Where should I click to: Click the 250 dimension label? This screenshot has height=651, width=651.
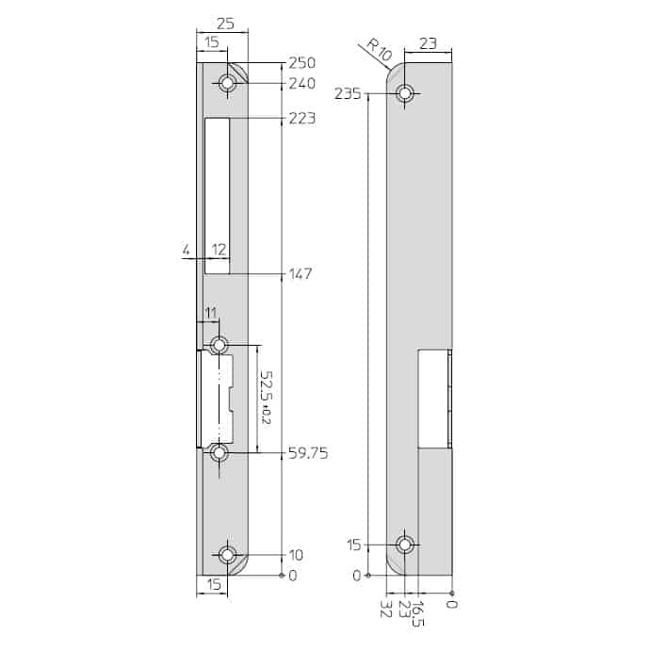point(301,63)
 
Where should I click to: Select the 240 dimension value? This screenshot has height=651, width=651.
point(301,84)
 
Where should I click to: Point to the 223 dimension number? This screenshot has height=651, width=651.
point(301,119)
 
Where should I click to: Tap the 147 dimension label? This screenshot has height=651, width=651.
point(301,274)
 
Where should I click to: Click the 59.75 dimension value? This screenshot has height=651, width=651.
point(308,453)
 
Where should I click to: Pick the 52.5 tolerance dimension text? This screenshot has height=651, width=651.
point(266,398)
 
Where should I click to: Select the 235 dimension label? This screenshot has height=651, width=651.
point(348,94)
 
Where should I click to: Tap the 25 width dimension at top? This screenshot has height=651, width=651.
point(225,24)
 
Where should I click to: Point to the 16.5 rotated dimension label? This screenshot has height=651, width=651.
point(419,613)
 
